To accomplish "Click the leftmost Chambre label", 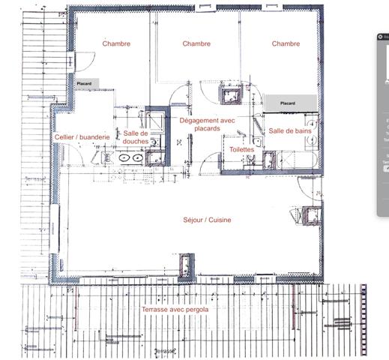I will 116,43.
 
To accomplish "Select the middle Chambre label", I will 196,43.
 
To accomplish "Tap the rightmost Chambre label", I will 286,43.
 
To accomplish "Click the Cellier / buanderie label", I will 82,137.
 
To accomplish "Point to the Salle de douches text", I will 136,136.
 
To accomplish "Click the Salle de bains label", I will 289,130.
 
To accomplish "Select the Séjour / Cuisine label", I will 207,220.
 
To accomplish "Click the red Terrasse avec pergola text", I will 175,309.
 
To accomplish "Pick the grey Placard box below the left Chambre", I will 83,84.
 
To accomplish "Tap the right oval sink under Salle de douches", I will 137,158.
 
